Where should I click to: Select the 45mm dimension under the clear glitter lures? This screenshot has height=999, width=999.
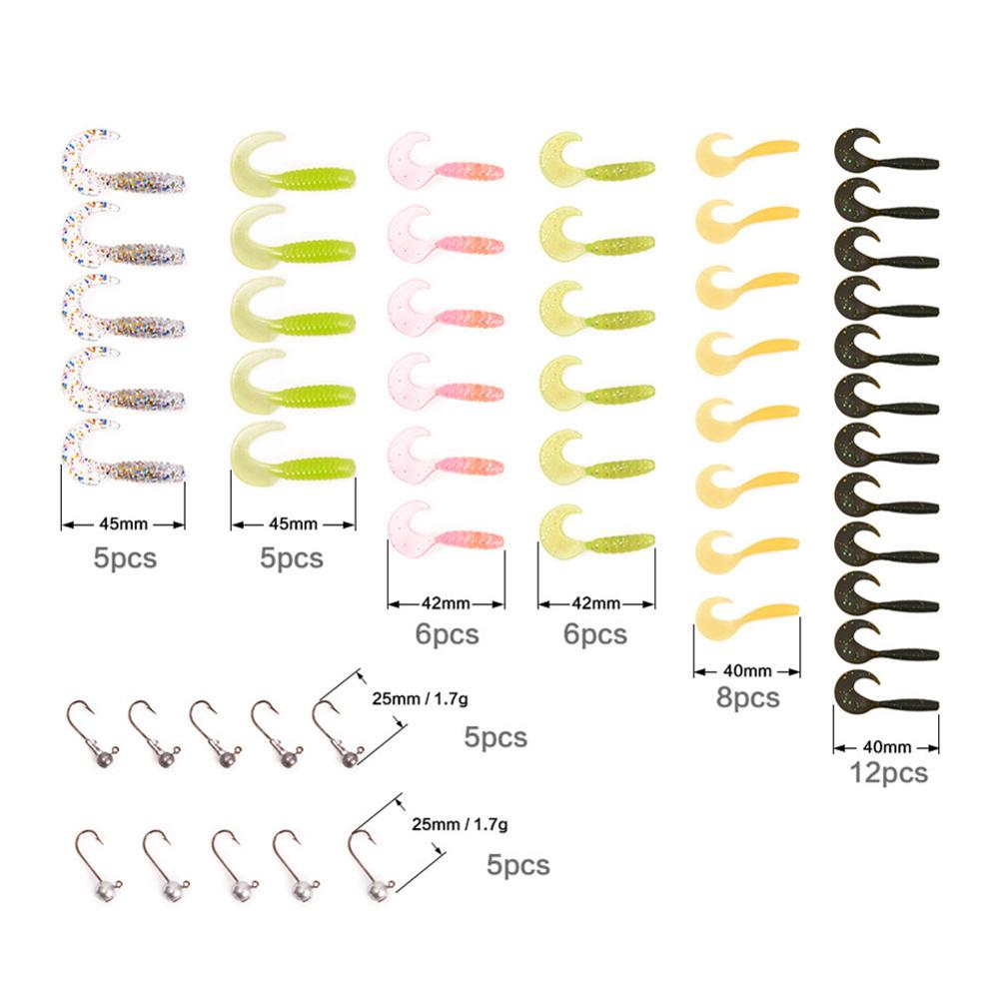pyautogui.click(x=124, y=522)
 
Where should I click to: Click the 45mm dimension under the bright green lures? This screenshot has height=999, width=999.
pyautogui.click(x=294, y=522)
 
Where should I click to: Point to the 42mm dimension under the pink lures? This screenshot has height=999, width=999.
pyautogui.click(x=446, y=603)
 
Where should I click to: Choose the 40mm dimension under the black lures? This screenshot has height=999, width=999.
pyautogui.click(x=886, y=745)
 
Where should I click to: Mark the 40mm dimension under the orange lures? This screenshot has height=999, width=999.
pyautogui.click(x=745, y=670)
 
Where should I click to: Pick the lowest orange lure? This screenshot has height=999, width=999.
pyautogui.click(x=745, y=616)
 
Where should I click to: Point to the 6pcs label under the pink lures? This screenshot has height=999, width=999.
pyautogui.click(x=446, y=632)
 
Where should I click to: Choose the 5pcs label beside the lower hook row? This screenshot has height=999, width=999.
pyautogui.click(x=519, y=864)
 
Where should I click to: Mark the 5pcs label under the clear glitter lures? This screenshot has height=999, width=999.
pyautogui.click(x=125, y=557)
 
